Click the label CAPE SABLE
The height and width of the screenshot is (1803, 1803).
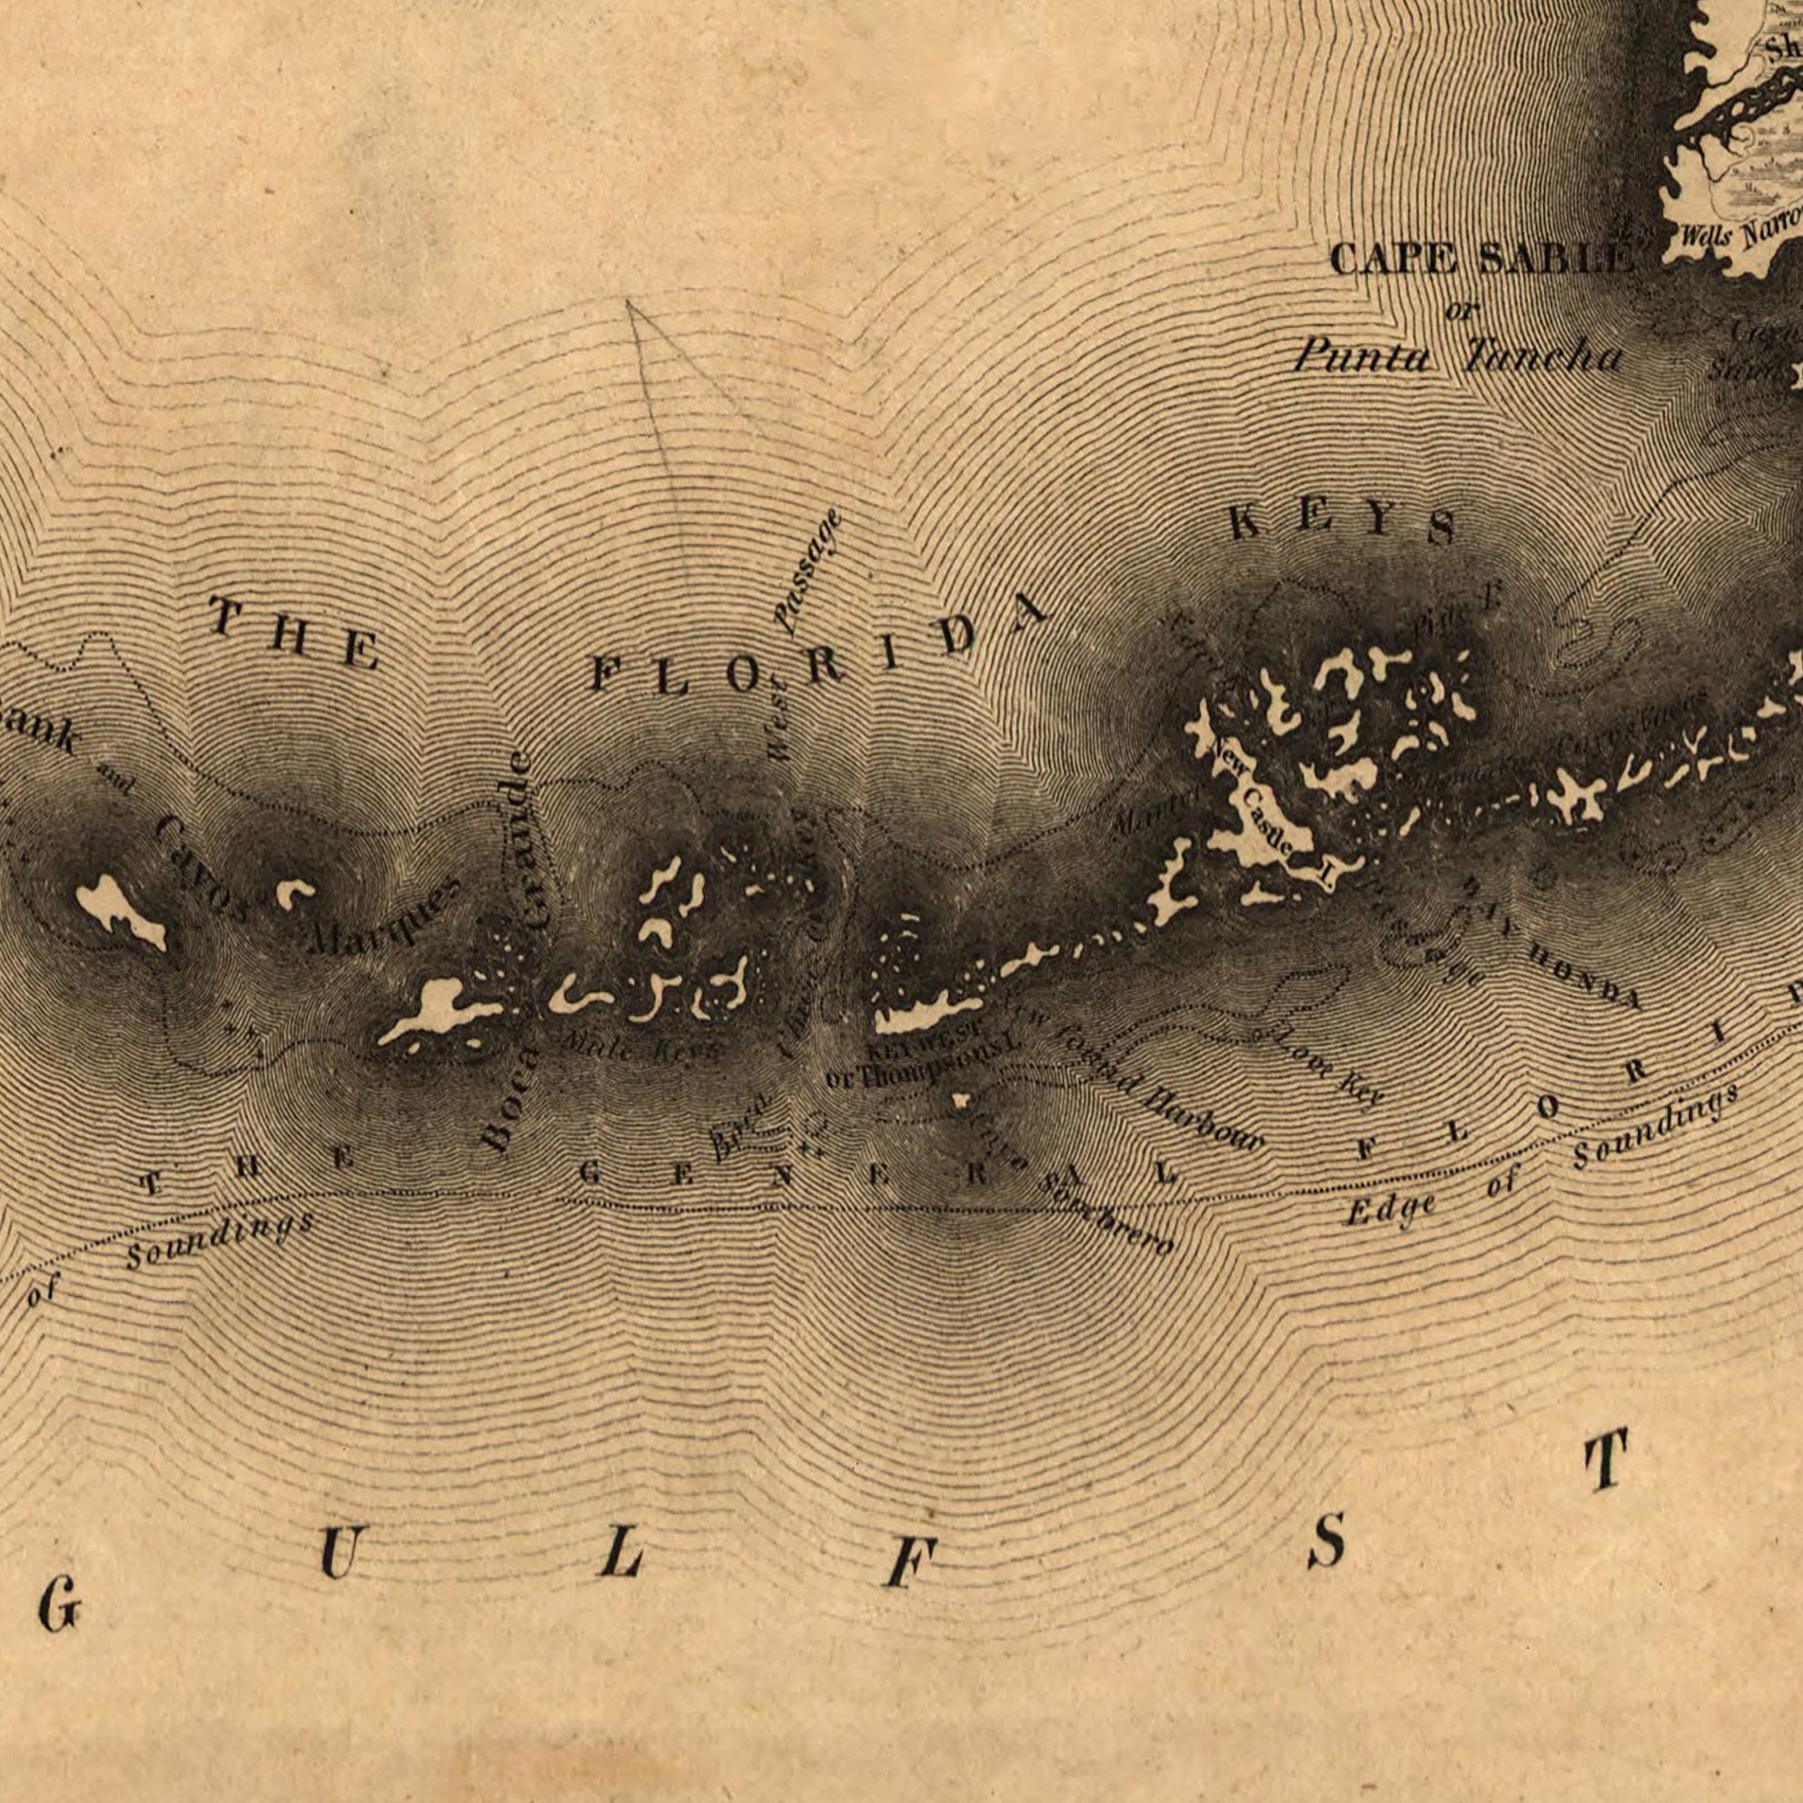tap(1482, 259)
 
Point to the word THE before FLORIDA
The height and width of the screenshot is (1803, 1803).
tap(294, 635)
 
